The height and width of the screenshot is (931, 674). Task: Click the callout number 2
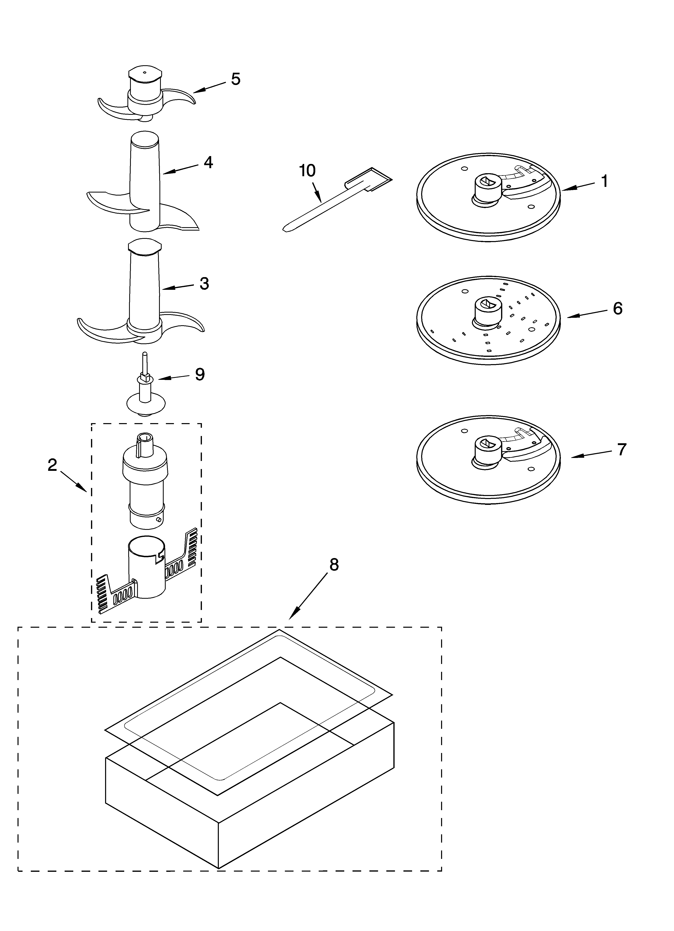tap(52, 465)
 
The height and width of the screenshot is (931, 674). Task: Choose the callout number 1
tap(604, 181)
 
